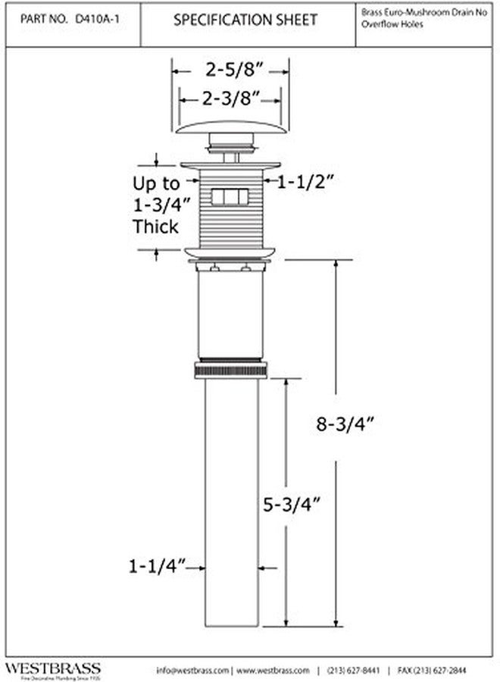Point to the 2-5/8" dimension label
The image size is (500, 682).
pyautogui.click(x=231, y=71)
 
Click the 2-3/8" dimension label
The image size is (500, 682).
pyautogui.click(x=231, y=98)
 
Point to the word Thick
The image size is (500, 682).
pyautogui.click(x=156, y=226)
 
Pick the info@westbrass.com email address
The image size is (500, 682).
pyautogui.click(x=192, y=671)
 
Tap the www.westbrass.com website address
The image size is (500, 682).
pyautogui.click(x=275, y=671)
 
